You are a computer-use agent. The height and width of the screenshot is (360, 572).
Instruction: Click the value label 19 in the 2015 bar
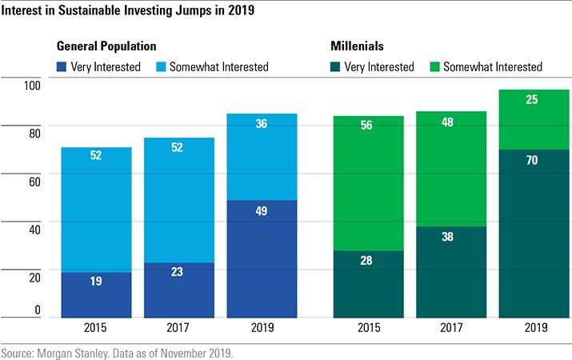point(96,281)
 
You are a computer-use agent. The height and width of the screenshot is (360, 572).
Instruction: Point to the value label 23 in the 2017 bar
point(178,272)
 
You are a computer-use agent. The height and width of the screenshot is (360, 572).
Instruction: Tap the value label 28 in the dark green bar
point(368,260)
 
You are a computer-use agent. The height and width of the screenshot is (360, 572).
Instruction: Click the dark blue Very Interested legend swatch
point(62,67)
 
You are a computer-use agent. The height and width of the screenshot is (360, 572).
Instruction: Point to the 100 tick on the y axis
point(30,86)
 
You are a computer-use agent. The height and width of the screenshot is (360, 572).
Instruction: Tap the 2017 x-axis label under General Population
point(178,328)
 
